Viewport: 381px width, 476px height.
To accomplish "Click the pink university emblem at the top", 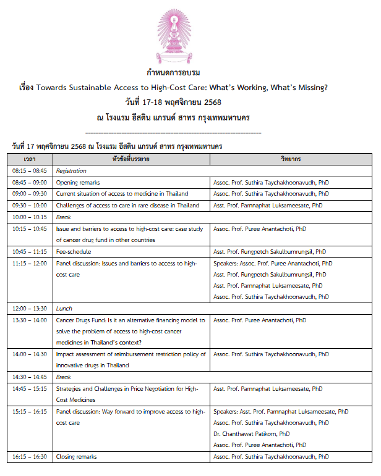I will [190, 33].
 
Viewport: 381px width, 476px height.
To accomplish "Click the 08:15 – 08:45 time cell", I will [30, 171].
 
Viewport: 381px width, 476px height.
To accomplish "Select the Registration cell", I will [72, 171].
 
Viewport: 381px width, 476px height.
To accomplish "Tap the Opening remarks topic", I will [78, 183].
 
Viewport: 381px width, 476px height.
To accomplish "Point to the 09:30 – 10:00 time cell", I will [30, 206].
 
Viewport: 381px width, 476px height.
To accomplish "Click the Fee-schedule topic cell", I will [74, 252].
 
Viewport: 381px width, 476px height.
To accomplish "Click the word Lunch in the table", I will [64, 309].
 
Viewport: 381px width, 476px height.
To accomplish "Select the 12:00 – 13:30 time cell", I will [30, 309].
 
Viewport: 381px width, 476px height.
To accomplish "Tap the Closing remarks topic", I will [76, 457].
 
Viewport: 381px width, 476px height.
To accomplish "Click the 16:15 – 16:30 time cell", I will [30, 457].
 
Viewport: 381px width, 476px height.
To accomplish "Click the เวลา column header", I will [30, 159].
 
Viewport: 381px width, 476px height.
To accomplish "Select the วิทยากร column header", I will [291, 159].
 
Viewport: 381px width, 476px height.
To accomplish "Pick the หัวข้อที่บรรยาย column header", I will [131, 159].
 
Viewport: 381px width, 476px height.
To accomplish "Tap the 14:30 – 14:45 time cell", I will [30, 377].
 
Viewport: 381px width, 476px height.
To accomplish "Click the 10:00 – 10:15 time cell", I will [30, 217].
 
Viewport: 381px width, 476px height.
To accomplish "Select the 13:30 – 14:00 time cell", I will [30, 320].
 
